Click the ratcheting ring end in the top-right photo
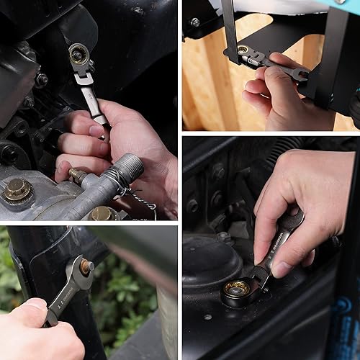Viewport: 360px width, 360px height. pos(243,50)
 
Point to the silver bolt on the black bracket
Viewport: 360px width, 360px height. pos(195,22)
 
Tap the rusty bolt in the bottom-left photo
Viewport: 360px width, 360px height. pos(86,266)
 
